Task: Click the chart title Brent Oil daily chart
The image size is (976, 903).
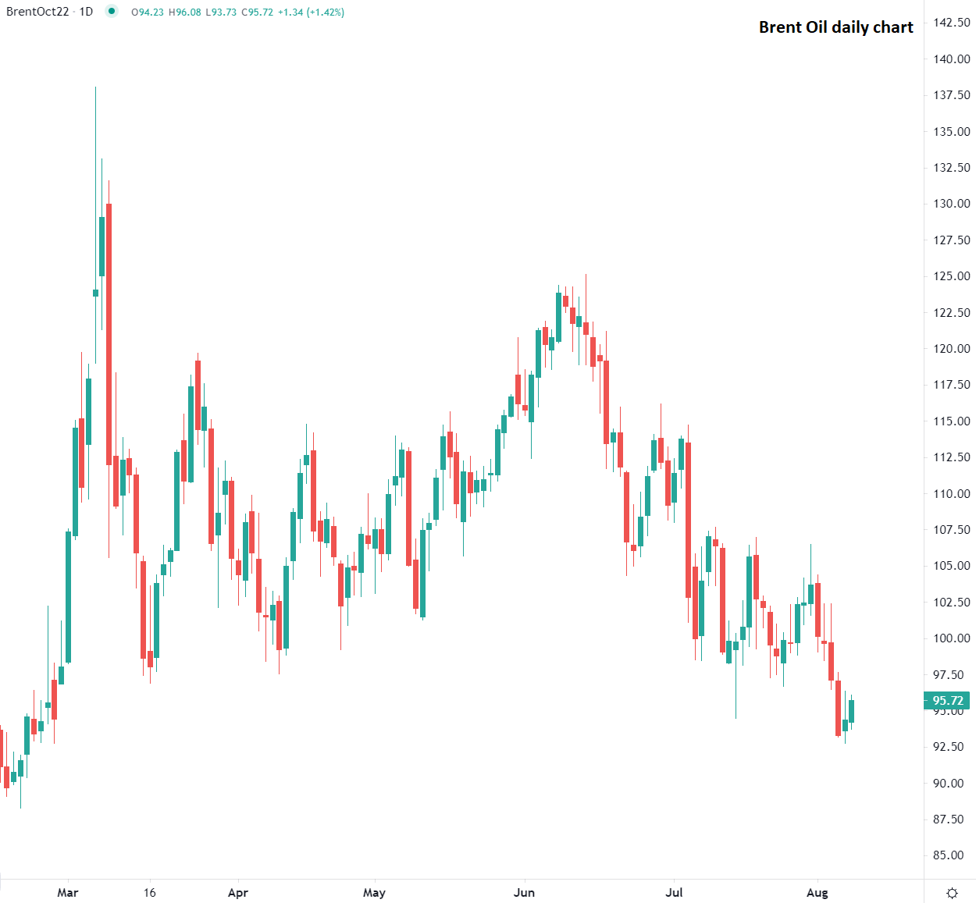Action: coord(835,27)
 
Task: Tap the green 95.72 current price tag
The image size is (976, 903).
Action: coord(947,701)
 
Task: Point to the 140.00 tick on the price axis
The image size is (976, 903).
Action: coord(952,59)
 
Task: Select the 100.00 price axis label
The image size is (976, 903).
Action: coord(952,638)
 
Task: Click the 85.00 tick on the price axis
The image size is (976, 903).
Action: coord(952,855)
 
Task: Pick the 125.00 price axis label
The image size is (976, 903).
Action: coord(952,276)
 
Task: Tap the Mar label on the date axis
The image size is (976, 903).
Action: coord(68,893)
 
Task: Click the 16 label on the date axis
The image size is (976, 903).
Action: coord(150,893)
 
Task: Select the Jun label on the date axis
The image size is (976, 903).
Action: coord(524,893)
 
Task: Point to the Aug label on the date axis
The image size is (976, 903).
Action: coord(817,893)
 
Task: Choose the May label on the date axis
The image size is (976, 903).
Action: coord(374,893)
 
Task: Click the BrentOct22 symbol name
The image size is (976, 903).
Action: coord(37,12)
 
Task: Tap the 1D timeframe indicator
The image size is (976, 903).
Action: coord(86,12)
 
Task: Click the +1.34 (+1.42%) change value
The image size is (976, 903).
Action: coord(311,12)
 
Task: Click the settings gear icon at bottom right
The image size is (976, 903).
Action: coord(952,893)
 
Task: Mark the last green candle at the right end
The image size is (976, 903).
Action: coord(852,711)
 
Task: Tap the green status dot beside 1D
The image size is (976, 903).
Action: coord(112,12)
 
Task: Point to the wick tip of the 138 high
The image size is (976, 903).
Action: coord(95,87)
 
